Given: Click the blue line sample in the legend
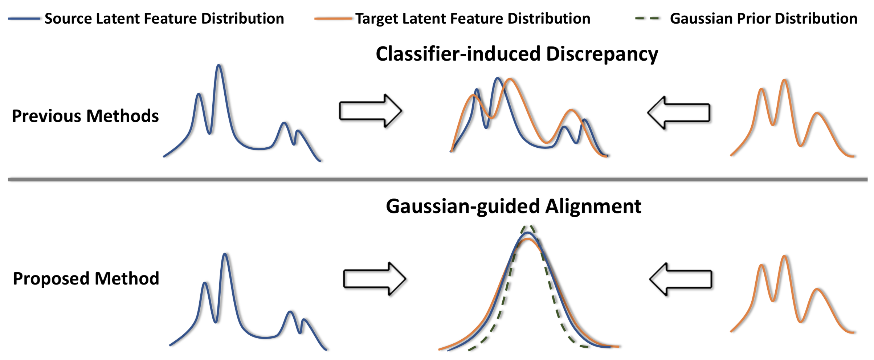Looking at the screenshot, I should pyautogui.click(x=24, y=19).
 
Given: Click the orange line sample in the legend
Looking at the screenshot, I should pyautogui.click(x=333, y=19).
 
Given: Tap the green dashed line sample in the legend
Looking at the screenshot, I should pyautogui.click(x=648, y=19).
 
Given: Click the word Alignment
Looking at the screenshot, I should pyautogui.click(x=593, y=206).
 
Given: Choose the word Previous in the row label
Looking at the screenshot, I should pyautogui.click(x=46, y=116).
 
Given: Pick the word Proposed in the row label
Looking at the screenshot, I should pyautogui.click(x=51, y=279).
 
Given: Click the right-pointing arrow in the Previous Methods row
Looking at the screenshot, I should pyautogui.click(x=370, y=111).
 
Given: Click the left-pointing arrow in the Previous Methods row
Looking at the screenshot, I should pyautogui.click(x=679, y=112).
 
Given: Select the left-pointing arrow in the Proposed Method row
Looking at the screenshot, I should pyautogui.click(x=681, y=279).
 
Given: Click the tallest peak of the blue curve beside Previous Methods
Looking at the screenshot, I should pyautogui.click(x=218, y=66).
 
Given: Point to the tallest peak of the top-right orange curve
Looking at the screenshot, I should pyautogui.click(x=785, y=80).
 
